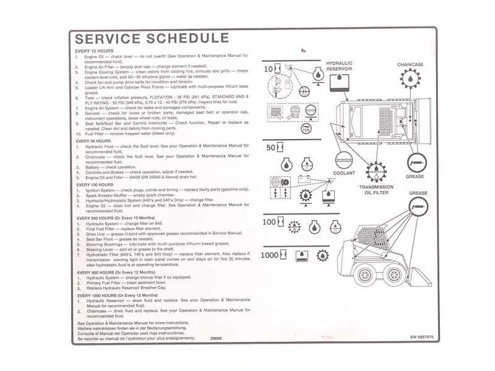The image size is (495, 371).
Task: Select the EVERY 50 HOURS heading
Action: click(x=93, y=140)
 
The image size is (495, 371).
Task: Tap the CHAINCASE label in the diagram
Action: click(x=410, y=64)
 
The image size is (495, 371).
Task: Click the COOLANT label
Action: click(x=345, y=173)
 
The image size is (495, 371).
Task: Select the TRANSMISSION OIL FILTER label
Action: click(x=376, y=190)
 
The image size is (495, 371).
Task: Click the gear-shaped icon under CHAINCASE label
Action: click(x=410, y=79)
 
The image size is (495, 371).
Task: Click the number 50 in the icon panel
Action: click(x=271, y=148)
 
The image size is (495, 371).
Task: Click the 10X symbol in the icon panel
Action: click(x=306, y=130)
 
